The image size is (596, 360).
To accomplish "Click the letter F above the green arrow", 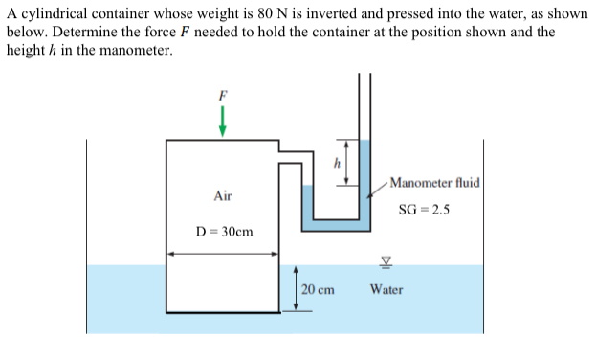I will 223,96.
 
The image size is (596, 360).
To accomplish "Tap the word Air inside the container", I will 223,195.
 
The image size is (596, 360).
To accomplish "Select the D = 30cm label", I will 224,232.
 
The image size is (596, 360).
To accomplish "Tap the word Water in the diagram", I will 386,288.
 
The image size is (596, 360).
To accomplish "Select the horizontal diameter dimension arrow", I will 223,254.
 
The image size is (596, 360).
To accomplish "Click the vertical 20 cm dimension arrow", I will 297,287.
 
